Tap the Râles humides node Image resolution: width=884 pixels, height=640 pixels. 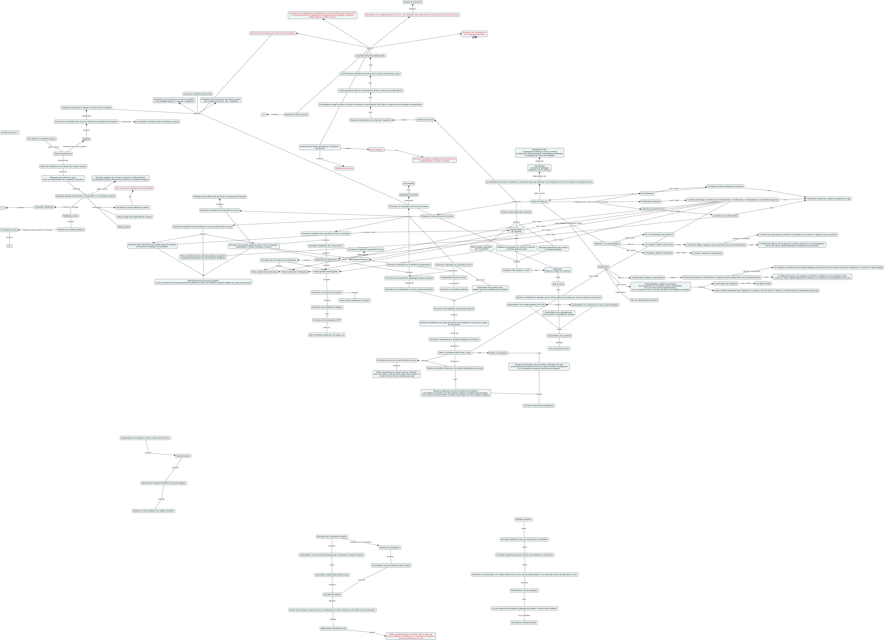[124, 227]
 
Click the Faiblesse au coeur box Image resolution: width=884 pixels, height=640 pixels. [71, 216]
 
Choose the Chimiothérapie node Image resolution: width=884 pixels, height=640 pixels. [647, 193]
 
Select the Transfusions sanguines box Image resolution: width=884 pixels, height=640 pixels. [651, 201]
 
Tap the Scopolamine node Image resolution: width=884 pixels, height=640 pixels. [603, 267]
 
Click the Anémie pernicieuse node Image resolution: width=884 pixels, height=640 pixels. [360, 259]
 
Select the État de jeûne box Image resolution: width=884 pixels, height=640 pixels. [558, 284]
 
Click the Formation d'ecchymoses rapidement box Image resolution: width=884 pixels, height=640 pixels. [539, 406]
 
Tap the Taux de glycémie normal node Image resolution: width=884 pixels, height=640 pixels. [559, 349]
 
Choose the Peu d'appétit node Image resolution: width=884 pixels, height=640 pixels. [409, 183]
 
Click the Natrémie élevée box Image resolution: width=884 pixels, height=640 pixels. [183, 456]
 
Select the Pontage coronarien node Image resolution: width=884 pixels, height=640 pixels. [524, 519]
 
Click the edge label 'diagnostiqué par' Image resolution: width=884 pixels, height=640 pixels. [539, 176]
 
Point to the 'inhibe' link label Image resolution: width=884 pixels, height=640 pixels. [672, 277]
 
